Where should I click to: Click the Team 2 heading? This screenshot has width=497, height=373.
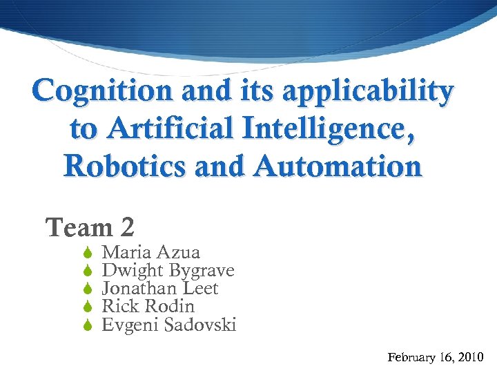pyautogui.click(x=90, y=227)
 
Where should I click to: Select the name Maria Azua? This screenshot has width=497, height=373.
pyautogui.click(x=150, y=253)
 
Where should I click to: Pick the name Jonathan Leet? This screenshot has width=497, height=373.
pyautogui.click(x=159, y=289)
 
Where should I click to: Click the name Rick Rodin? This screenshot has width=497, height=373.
pyautogui.click(x=148, y=307)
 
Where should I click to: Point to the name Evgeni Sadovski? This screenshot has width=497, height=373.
pyautogui.click(x=169, y=325)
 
